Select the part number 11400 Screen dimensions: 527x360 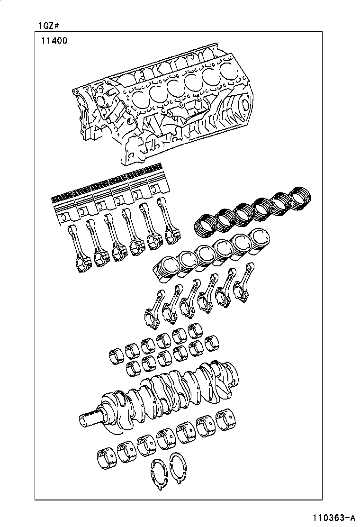[53, 41]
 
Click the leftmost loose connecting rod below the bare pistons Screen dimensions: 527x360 [154, 308]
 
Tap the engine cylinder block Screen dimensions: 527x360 [161, 104]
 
